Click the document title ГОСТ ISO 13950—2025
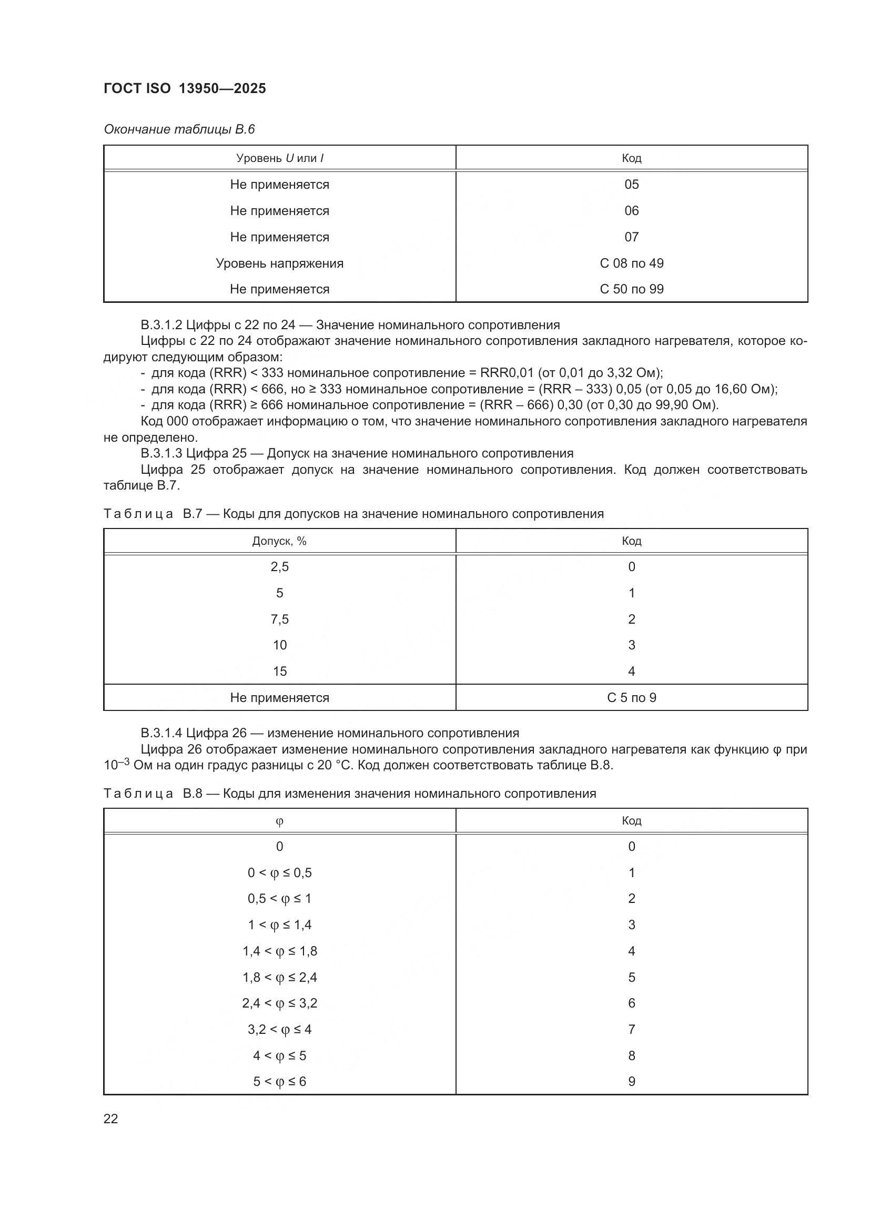point(185,88)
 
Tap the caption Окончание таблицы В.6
point(179,129)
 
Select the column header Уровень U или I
point(280,158)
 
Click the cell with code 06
point(631,210)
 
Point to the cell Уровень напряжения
point(280,263)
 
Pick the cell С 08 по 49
point(631,263)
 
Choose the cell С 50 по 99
point(631,289)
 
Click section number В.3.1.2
point(161,325)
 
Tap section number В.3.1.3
point(161,453)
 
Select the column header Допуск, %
point(280,541)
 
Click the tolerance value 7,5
point(280,619)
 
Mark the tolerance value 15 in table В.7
point(280,671)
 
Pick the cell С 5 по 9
point(631,697)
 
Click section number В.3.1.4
point(161,733)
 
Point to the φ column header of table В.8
point(280,821)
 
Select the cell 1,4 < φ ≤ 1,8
point(280,951)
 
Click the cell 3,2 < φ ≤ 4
point(280,1029)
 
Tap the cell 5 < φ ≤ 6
point(280,1081)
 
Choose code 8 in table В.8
point(631,1055)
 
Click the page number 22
point(111,1119)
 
